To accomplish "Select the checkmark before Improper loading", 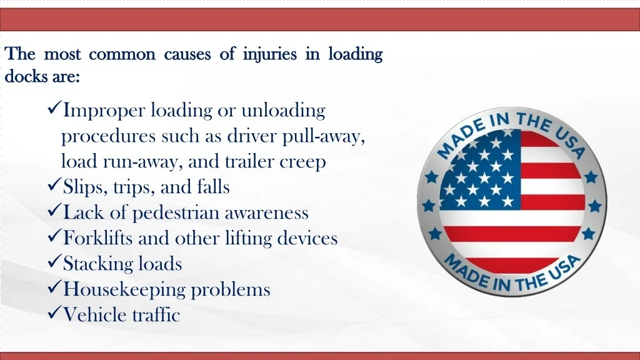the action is pos(54,107).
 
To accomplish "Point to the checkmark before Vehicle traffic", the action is pos(54,312).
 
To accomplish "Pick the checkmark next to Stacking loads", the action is pos(54,261).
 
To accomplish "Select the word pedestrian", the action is pos(175,213).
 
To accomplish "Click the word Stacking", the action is pos(99,264).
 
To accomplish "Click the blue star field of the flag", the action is pos(480,169).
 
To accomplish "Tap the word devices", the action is pos(307,238).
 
